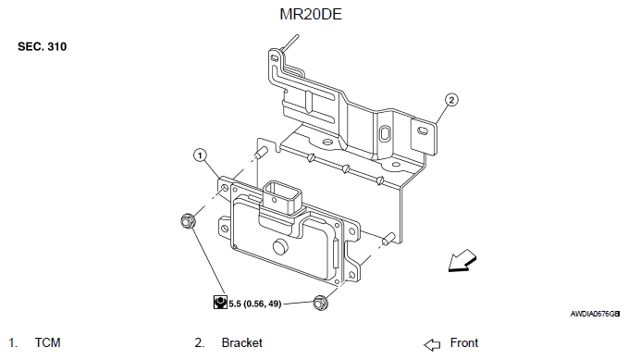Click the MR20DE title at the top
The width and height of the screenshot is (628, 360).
click(311, 14)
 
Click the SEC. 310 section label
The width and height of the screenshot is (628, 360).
click(42, 46)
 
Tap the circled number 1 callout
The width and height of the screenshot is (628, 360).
click(200, 155)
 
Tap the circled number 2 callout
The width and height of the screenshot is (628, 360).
click(451, 100)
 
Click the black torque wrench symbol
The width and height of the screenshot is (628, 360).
click(220, 303)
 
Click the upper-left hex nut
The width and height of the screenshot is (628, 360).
click(188, 221)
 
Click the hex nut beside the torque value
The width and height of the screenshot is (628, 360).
click(320, 303)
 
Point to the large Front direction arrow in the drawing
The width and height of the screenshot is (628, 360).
click(462, 261)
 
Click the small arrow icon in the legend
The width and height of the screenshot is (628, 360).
click(432, 345)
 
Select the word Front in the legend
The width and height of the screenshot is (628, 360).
click(464, 342)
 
